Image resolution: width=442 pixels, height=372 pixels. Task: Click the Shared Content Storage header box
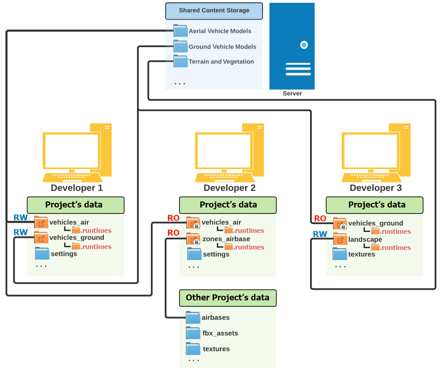coord(214,11)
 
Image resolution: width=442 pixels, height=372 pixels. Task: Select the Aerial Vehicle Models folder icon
coord(180,30)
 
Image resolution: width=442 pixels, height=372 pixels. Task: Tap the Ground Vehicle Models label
coord(222,47)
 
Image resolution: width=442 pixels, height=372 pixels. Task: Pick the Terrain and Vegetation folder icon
coord(180,61)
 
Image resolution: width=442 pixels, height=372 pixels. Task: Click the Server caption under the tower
coord(293,93)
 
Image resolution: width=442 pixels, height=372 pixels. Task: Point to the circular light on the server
coord(304,45)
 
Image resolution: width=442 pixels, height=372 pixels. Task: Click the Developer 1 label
coord(77,188)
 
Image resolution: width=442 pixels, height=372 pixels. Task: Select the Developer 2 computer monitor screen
coord(224,151)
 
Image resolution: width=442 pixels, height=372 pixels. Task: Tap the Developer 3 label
coord(376,188)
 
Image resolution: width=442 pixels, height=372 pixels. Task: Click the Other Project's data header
coord(228,298)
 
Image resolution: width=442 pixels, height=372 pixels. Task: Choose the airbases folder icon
coord(193,317)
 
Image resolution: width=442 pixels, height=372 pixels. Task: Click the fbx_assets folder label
coord(220,333)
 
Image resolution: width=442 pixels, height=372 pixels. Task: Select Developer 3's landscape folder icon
coord(340,239)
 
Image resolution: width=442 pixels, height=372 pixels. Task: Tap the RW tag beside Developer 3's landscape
coord(320,234)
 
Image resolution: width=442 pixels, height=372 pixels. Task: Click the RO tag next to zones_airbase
coord(173,233)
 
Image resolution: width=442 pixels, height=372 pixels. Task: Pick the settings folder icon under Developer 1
coord(42,253)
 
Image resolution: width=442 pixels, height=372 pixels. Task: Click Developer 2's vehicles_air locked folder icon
coord(193,223)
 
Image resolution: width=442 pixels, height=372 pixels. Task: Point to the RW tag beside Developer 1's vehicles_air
coord(21,218)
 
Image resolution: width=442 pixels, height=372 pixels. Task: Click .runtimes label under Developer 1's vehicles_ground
coord(96,247)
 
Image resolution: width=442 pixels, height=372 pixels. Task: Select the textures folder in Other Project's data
coord(193,349)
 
